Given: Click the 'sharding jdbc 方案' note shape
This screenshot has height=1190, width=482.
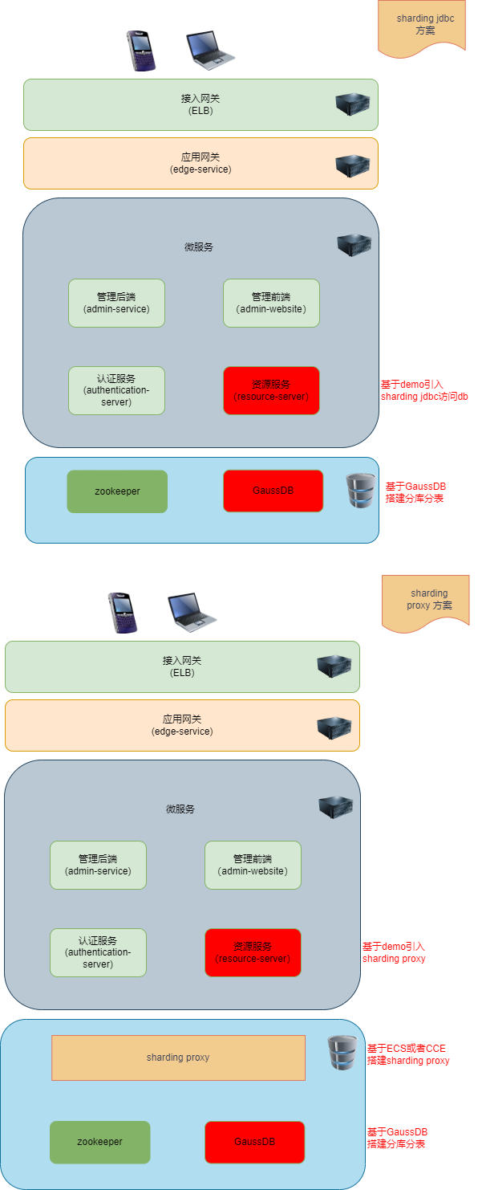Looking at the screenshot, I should coord(422,26).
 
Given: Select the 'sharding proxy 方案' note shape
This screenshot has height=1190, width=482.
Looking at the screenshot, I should coord(426,599).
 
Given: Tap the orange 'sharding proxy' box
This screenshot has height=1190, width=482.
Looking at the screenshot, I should coord(178,1058).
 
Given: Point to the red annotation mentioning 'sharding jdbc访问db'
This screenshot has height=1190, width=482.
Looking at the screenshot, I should coord(424,390).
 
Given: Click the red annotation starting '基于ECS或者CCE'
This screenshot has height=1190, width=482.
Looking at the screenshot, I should coord(407,1054).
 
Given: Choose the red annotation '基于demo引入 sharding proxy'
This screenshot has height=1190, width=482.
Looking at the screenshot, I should coord(394,952).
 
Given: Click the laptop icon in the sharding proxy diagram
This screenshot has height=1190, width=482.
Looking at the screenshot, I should coord(191,612).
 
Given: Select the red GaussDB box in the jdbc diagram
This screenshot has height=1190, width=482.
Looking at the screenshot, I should coord(273,491).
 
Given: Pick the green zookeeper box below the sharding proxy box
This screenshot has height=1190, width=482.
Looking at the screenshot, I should coord(99,1142).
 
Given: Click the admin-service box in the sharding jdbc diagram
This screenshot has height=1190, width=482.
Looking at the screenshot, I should coord(116,303).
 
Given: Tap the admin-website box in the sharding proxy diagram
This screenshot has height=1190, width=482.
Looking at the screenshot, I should coord(253,865).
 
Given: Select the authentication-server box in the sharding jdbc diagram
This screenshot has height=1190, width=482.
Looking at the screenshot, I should coord(116,390).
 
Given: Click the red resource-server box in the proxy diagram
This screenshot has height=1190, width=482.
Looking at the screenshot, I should coord(253,952).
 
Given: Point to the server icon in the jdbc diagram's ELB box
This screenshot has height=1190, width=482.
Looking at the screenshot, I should coord(352,104).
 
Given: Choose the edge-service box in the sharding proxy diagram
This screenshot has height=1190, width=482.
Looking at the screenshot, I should coord(182,725).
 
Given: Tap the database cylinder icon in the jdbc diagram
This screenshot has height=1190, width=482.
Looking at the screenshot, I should coord(360,490).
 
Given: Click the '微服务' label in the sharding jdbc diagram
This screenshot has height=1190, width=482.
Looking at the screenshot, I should coord(199,247).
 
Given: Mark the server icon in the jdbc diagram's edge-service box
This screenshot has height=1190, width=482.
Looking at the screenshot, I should coord(352,166).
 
